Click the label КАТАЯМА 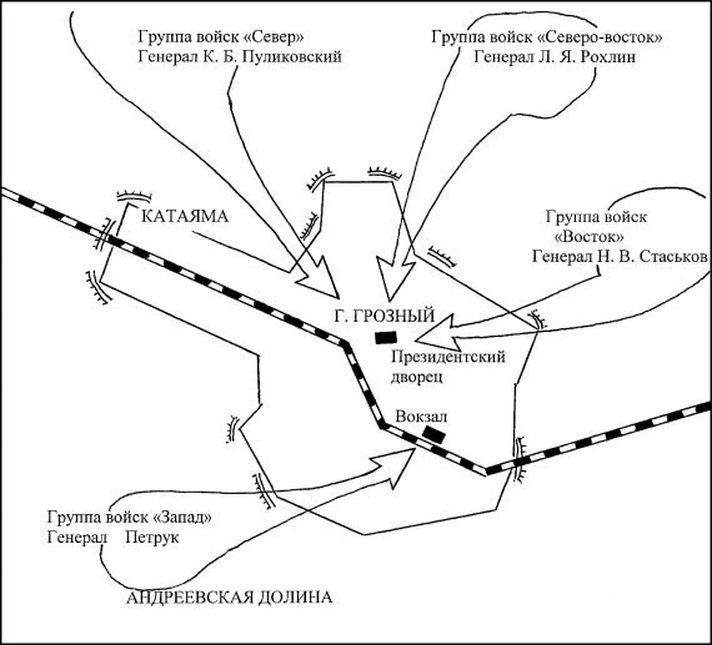point(185,217)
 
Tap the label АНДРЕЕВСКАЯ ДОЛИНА point(229,597)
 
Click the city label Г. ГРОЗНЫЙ point(384,316)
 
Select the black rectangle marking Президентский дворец point(386,338)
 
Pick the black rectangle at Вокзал point(434,434)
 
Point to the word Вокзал point(421,417)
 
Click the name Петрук point(152,537)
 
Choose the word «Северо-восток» point(600,37)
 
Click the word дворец point(417,377)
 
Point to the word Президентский point(448,357)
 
